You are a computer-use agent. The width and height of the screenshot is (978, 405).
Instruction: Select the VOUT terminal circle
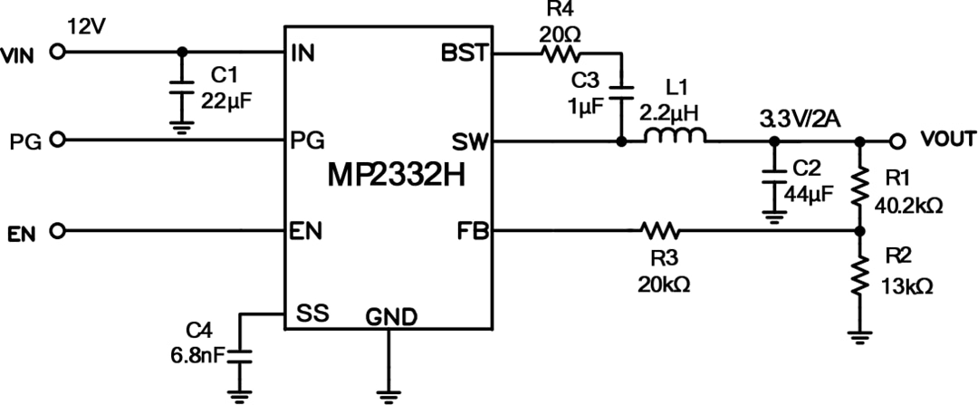coord(897,140)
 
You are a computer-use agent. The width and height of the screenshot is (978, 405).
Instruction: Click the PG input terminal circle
coord(59,140)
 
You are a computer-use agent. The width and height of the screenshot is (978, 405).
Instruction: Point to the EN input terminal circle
coord(59,231)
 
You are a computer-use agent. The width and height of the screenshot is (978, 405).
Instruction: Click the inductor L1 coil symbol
coord(676,139)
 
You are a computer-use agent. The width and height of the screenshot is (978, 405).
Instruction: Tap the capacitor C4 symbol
coord(240,354)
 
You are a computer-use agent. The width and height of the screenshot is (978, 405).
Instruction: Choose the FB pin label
coord(473,231)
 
